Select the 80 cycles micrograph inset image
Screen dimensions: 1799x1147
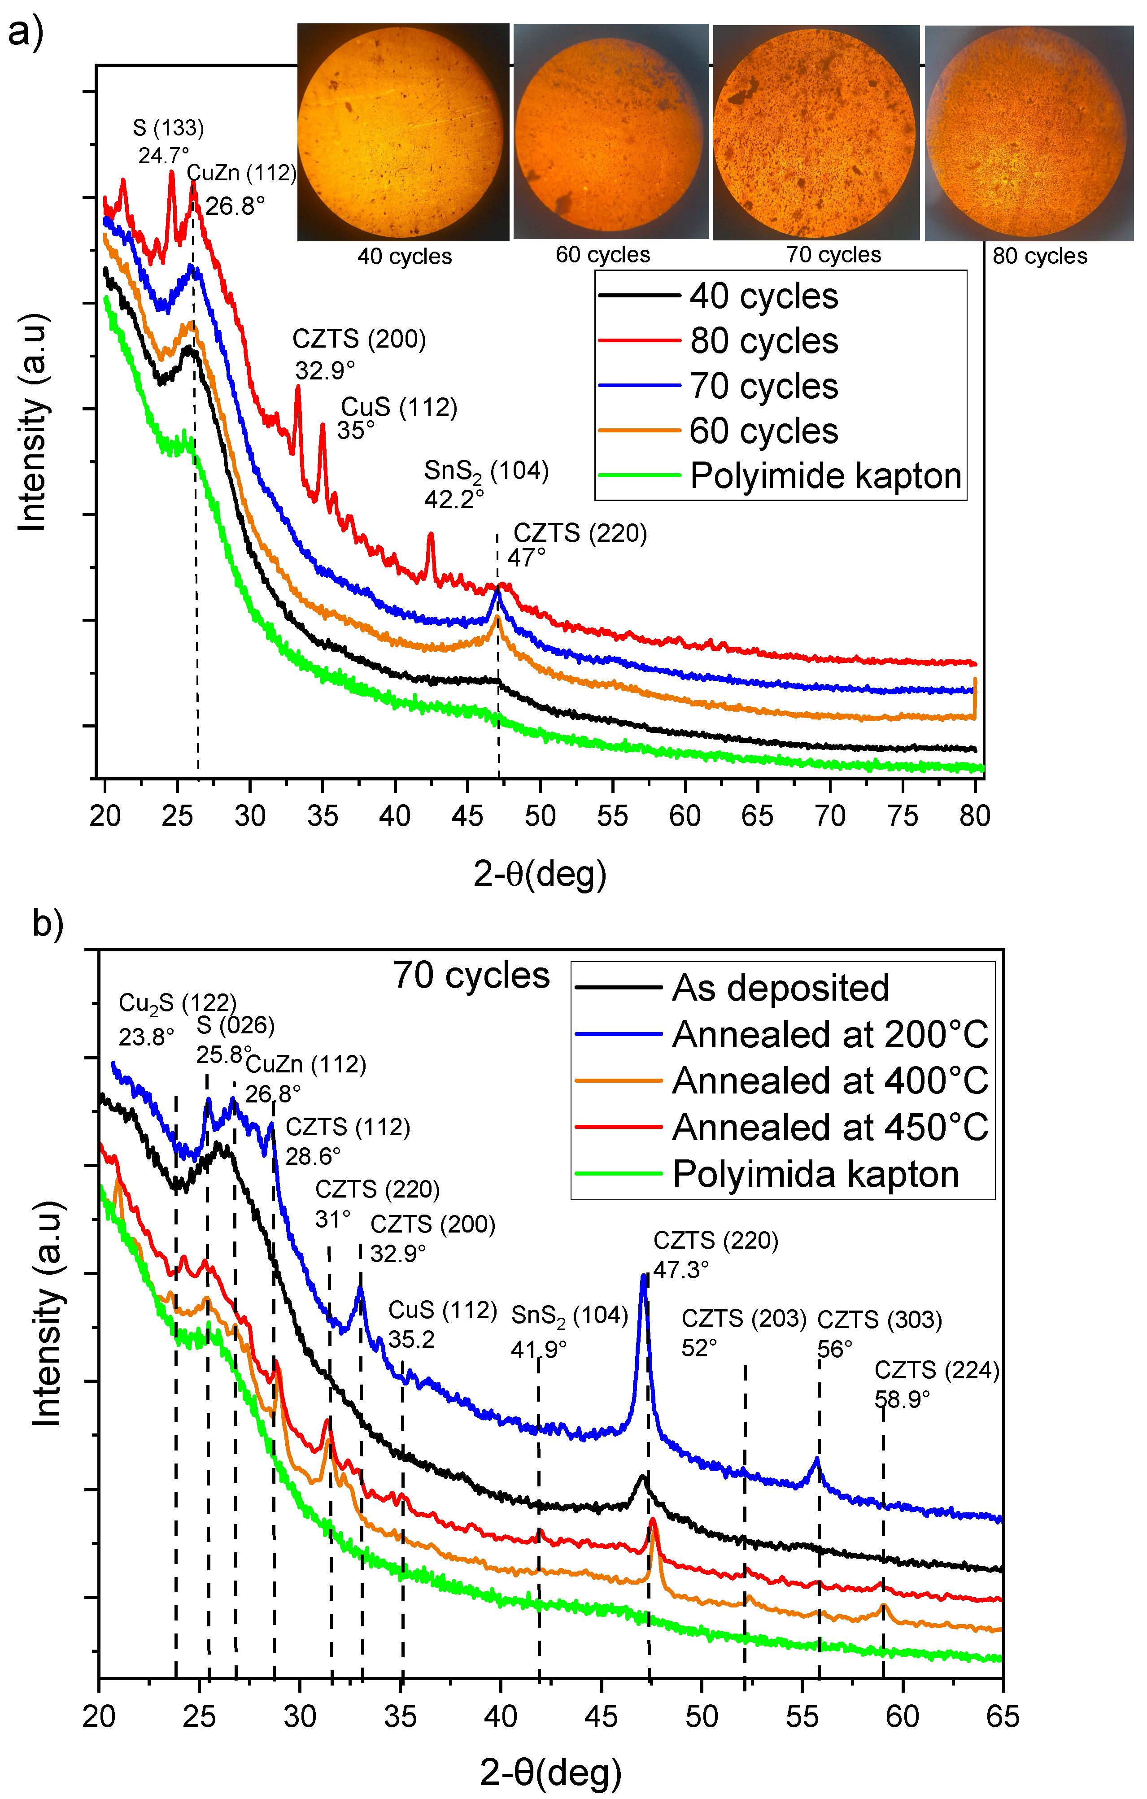coord(1029,133)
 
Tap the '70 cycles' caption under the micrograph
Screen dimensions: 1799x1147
coord(833,255)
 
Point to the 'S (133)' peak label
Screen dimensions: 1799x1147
coord(168,128)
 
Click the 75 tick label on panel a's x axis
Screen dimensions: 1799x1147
coord(903,815)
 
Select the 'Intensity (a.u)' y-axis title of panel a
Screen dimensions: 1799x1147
coord(34,422)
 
